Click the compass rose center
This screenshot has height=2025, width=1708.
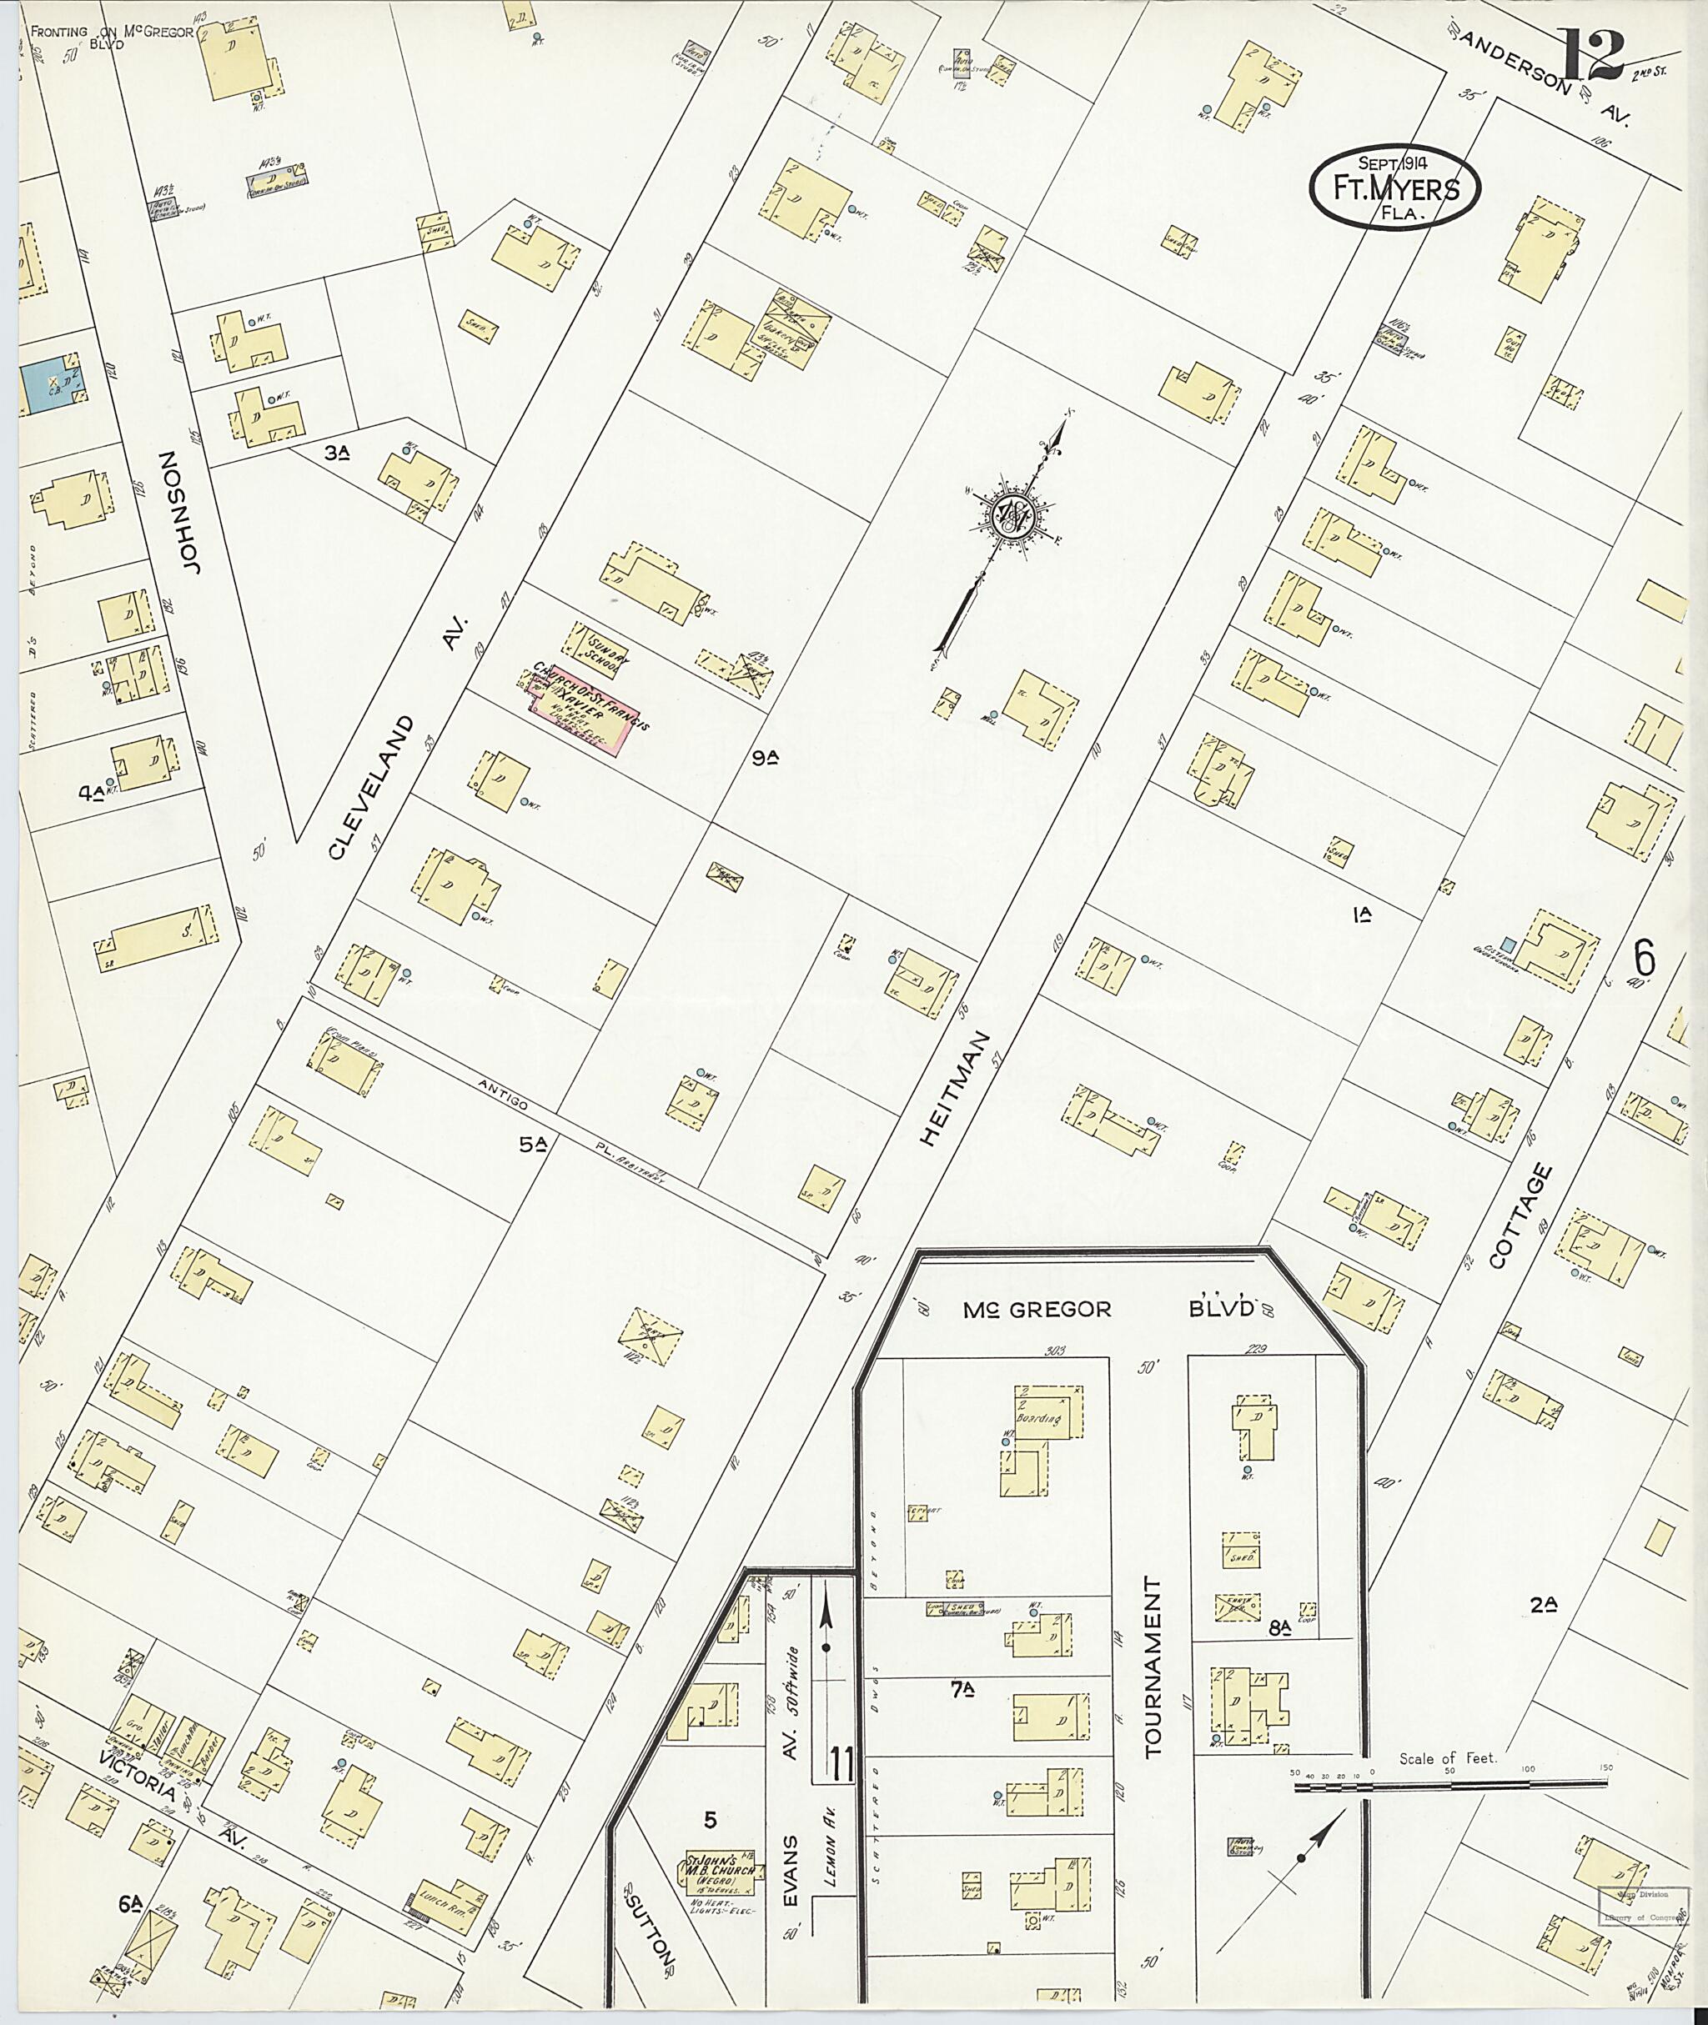click(x=1016, y=521)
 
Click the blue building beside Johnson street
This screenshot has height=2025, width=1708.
click(x=48, y=387)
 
